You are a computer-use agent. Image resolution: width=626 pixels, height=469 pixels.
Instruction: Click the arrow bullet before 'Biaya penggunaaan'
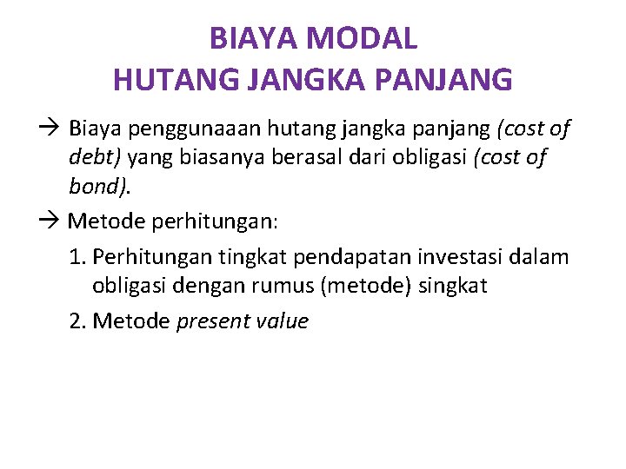[50, 129]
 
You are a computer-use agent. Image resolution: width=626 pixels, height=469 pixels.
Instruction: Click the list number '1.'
[78, 257]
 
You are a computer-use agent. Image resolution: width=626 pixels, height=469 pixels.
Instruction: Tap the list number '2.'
[78, 321]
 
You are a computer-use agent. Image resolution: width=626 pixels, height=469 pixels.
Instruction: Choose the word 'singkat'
[456, 286]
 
